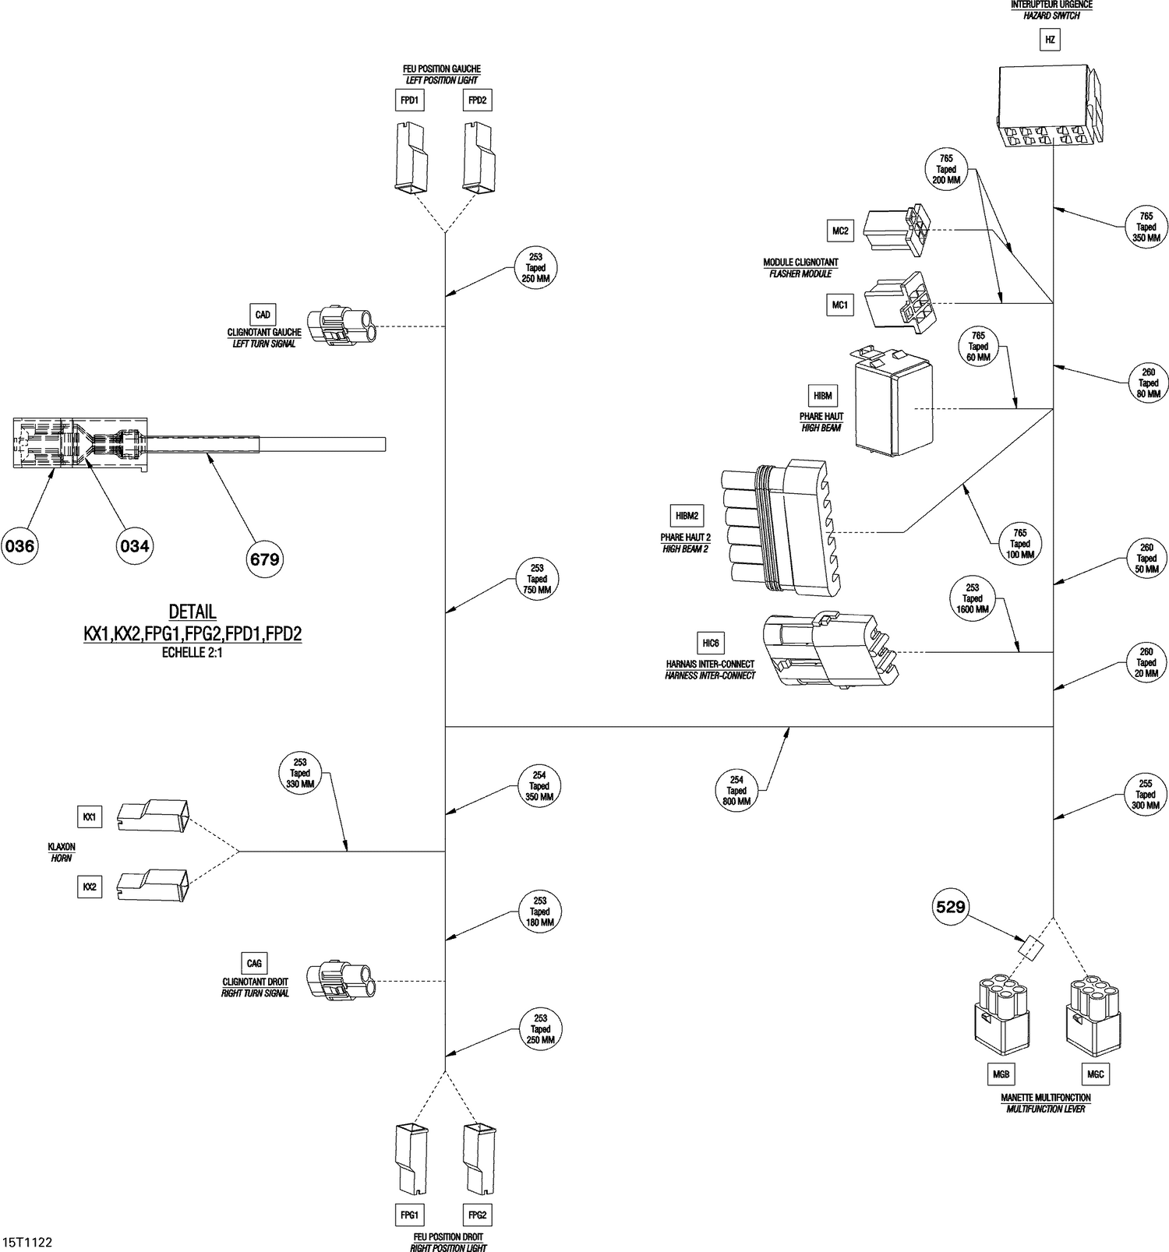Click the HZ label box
(1051, 39)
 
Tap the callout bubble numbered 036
(19, 546)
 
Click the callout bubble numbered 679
(264, 559)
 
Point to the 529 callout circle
(951, 907)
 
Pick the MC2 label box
(840, 231)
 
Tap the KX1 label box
(90, 817)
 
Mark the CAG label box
(254, 963)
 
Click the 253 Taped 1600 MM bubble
(973, 599)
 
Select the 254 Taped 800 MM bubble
(736, 790)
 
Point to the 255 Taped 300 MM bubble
(1146, 795)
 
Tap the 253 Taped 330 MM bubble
(300, 774)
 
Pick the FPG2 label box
(477, 1215)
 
